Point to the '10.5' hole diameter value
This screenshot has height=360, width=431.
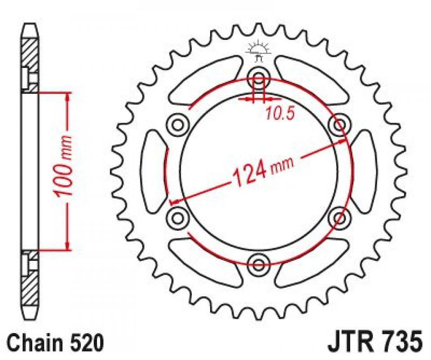(x=279, y=114)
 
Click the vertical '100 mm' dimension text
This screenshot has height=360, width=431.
(x=64, y=166)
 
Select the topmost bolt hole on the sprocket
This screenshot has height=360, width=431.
(x=259, y=75)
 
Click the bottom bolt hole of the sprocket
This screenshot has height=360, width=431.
(x=259, y=264)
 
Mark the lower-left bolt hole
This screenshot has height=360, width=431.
(x=177, y=217)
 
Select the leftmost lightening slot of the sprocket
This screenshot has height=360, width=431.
(x=154, y=170)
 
